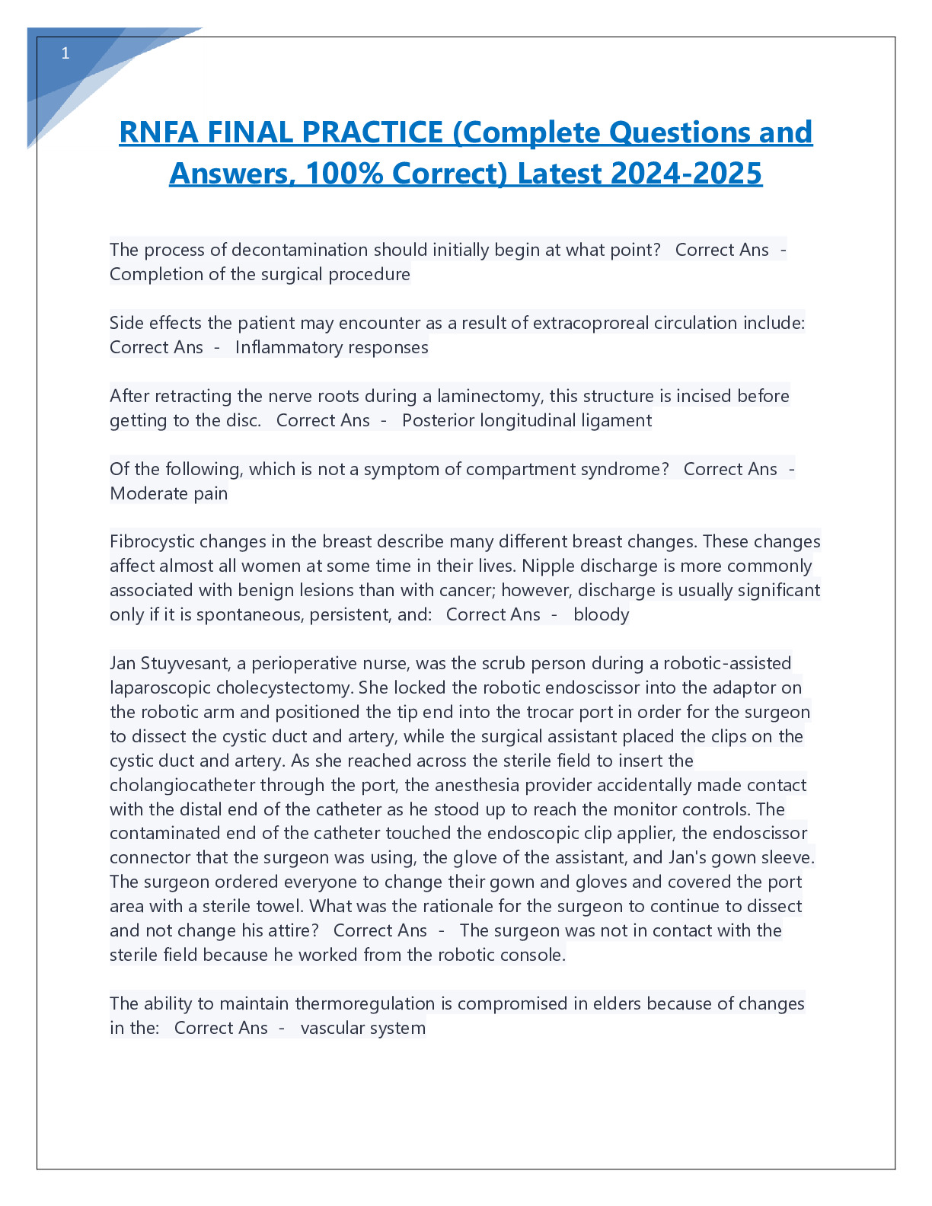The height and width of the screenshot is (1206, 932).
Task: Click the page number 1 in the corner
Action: point(65,53)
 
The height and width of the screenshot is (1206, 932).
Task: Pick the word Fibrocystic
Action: point(152,541)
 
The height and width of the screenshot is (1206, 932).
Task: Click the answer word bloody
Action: point(601,614)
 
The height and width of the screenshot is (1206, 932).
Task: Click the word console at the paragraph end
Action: point(532,955)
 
